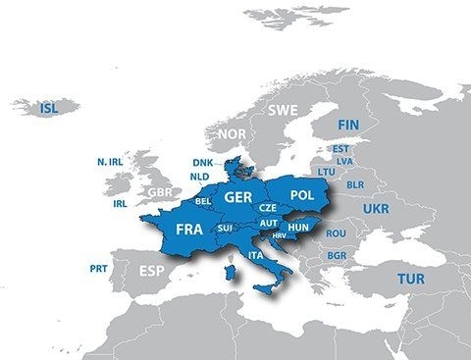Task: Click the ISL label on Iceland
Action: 47,109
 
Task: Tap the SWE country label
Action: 283,110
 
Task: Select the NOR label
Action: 233,133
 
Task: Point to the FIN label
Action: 348,126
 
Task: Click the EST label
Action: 341,149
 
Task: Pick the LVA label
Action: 343,160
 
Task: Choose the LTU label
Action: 327,171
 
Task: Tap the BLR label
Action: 355,183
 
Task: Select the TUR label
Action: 410,280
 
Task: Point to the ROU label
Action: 337,233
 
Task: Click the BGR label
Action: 337,256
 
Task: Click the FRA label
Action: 189,229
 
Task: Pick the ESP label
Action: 152,271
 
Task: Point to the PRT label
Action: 98,267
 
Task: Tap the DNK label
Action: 202,163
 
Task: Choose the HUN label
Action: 298,226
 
